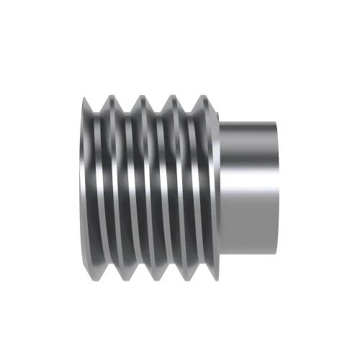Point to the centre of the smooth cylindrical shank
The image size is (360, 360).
(x=248, y=188)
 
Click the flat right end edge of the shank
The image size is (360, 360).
(x=277, y=188)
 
